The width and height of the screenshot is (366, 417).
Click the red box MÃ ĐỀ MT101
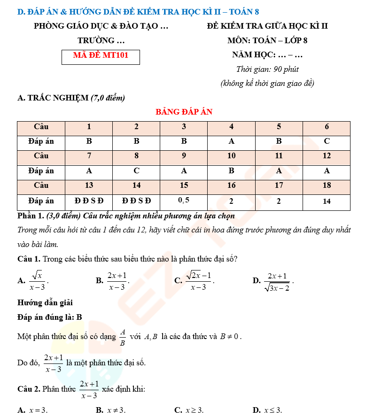pyautogui.click(x=101, y=55)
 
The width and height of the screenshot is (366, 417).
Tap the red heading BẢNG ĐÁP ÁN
pyautogui.click(x=184, y=112)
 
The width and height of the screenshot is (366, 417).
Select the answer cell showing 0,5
pyautogui.click(x=184, y=201)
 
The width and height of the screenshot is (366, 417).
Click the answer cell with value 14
pyautogui.click(x=327, y=201)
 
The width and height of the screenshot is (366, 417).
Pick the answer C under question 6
pyautogui.click(x=327, y=141)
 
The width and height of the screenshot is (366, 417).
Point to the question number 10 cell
pyautogui.click(x=231, y=156)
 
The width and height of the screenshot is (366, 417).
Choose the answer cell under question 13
pyautogui.click(x=89, y=201)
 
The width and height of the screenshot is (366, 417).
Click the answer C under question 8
pyautogui.click(x=136, y=171)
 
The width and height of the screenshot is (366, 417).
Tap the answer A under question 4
pyautogui.click(x=231, y=141)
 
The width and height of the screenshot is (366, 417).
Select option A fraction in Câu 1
pyautogui.click(x=37, y=280)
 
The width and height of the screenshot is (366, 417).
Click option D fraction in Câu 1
pyautogui.click(x=277, y=281)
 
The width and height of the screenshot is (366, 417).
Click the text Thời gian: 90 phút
pyautogui.click(x=267, y=69)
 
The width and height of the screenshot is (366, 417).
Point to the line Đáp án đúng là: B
pyautogui.click(x=50, y=317)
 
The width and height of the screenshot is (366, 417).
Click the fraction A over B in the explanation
pyautogui.click(x=122, y=337)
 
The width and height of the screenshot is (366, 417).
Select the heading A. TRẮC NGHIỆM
pyautogui.click(x=70, y=98)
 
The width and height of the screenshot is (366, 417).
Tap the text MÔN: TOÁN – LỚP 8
pyautogui.click(x=267, y=40)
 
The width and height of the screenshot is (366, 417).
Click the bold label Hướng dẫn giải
pyautogui.click(x=45, y=303)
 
